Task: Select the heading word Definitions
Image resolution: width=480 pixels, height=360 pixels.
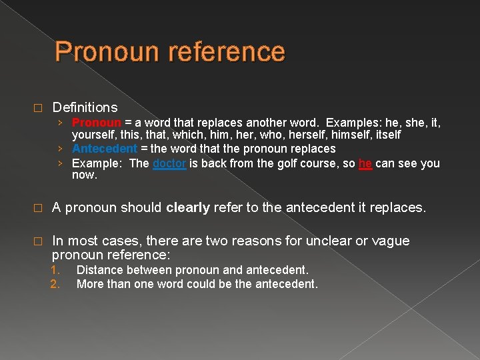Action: tap(85, 107)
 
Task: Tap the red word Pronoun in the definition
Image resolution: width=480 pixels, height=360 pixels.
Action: tap(96, 123)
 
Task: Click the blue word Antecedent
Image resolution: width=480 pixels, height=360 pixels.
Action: tap(104, 149)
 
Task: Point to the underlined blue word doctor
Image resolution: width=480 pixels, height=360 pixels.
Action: tap(169, 163)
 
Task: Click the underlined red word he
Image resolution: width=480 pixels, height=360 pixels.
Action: tap(365, 163)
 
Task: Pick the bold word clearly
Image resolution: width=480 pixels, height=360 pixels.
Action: tap(188, 207)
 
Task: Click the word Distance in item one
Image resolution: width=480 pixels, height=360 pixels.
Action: tap(99, 270)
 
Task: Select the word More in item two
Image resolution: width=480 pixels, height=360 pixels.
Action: tap(90, 284)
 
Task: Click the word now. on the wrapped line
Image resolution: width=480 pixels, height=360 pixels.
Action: tap(84, 175)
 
